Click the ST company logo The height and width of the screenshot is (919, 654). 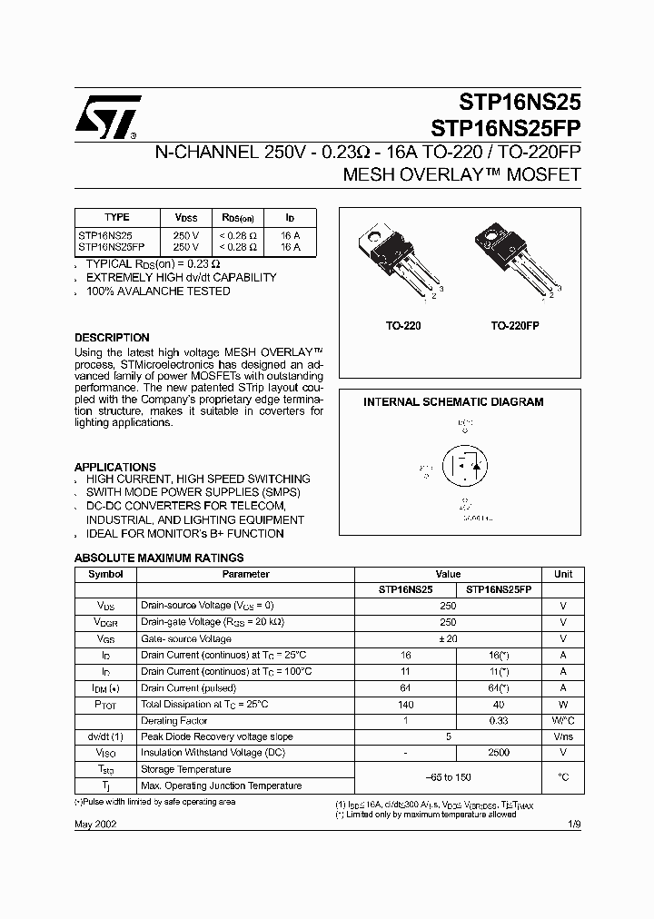[x=107, y=116]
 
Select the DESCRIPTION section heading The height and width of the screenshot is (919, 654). [x=112, y=338]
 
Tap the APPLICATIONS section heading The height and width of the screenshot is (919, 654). [x=114, y=467]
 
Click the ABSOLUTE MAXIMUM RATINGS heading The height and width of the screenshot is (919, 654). [x=158, y=558]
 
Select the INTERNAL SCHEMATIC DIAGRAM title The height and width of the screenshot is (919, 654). [x=453, y=401]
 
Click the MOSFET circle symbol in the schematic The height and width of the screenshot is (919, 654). [x=464, y=468]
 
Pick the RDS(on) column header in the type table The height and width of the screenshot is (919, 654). [x=238, y=218]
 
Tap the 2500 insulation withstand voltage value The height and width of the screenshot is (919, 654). [x=498, y=753]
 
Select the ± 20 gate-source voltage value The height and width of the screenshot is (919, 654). [x=447, y=638]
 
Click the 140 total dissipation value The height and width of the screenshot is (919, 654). [x=405, y=704]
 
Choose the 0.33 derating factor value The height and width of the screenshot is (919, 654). [x=498, y=720]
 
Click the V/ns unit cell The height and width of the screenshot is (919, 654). [x=562, y=736]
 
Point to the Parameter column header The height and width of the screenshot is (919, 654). [x=246, y=574]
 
